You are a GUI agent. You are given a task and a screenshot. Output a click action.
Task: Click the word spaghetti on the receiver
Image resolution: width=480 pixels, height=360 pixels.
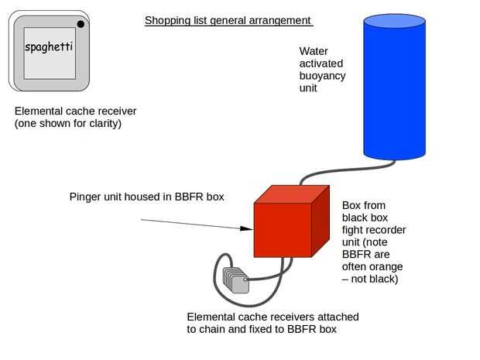[49, 48]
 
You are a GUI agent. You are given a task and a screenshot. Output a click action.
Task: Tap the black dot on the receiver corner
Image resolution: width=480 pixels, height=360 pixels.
[81, 24]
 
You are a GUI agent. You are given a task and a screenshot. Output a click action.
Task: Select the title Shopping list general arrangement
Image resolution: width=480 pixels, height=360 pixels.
[228, 20]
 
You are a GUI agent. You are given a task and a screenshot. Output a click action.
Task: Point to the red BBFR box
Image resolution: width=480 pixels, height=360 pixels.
[283, 228]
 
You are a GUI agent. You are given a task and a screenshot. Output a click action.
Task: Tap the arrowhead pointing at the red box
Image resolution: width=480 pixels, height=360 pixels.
[247, 228]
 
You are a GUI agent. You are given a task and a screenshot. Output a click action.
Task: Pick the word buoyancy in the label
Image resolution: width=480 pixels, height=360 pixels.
[322, 76]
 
